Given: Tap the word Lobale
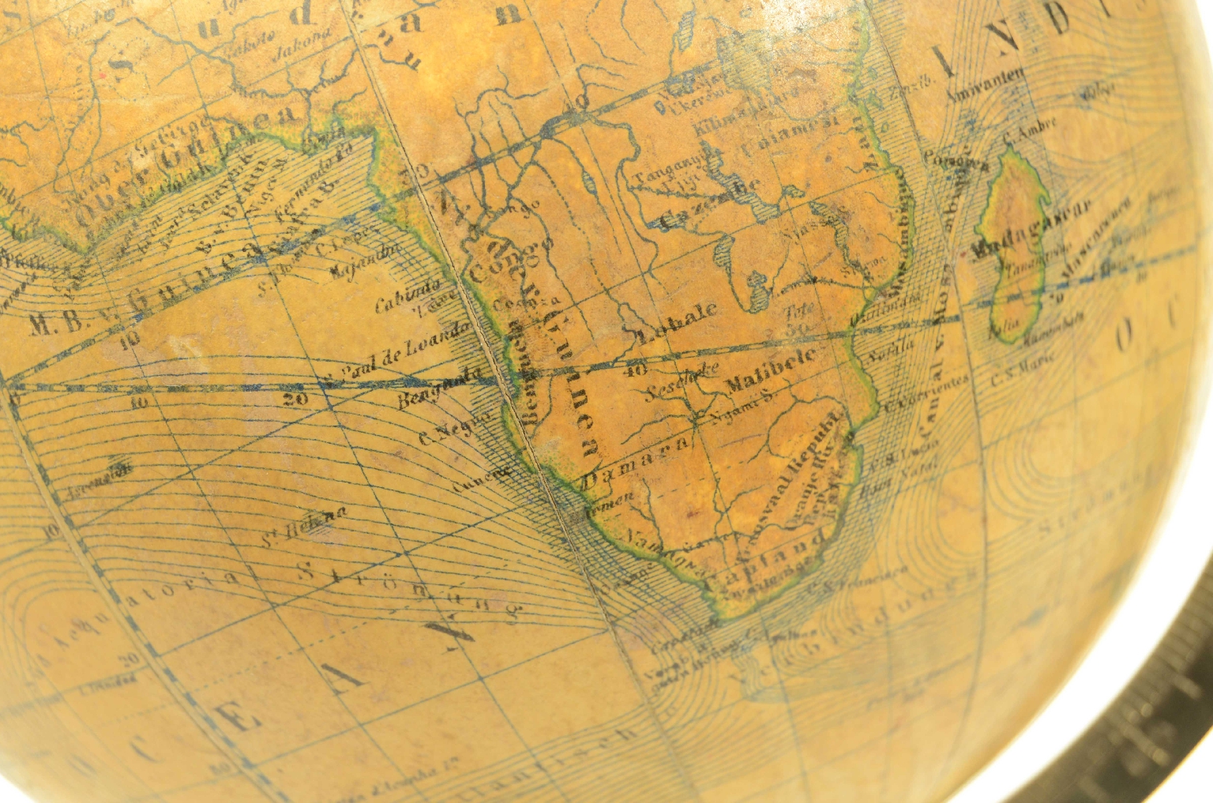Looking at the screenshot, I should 678,319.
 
